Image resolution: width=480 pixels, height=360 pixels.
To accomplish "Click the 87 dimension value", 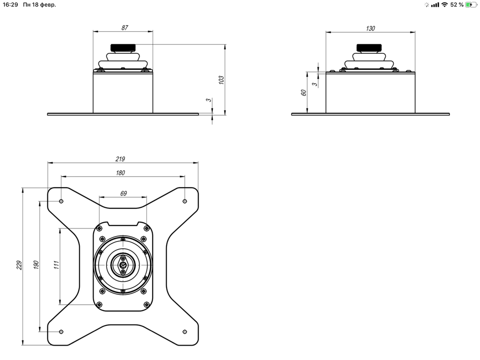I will (125, 28).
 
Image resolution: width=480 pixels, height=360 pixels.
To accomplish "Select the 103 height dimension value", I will (221, 80).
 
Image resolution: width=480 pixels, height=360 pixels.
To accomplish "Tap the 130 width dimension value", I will (370, 28).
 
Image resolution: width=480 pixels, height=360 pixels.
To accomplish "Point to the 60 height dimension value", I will (303, 93).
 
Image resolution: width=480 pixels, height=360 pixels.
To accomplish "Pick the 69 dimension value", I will (123, 193).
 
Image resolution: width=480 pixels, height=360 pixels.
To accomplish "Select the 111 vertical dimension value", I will (56, 265).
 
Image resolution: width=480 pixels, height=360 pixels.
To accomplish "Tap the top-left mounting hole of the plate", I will (61, 201).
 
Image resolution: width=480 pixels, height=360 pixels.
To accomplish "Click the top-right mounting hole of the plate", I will (185, 201).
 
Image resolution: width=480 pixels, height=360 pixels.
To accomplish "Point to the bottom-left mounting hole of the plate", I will (61, 331).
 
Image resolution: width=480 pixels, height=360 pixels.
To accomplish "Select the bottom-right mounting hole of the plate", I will (185, 331).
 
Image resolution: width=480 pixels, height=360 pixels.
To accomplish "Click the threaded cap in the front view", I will (123, 48).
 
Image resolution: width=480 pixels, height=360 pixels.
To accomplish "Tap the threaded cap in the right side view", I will (370, 48).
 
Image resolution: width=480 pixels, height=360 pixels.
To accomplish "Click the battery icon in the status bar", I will (471, 5).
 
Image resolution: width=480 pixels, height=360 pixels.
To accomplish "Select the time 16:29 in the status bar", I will (10, 5).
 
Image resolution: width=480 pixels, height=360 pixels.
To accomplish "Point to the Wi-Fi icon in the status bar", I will (444, 5).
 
